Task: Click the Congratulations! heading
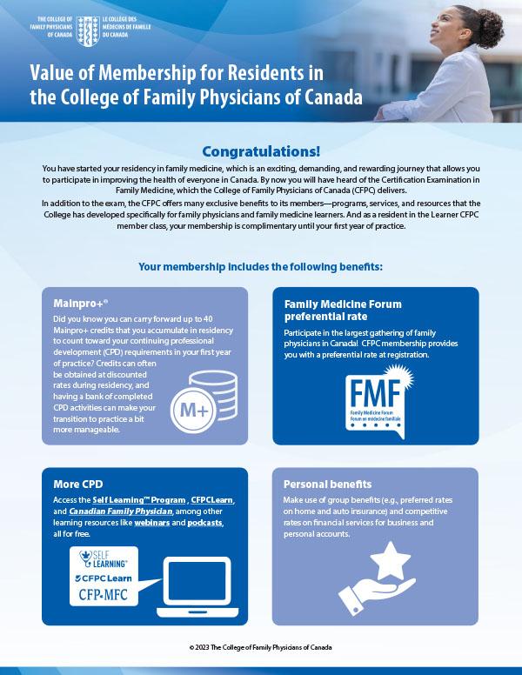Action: pyautogui.click(x=260, y=150)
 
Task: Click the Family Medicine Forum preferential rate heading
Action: pyautogui.click(x=343, y=311)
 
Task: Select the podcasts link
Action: pyautogui.click(x=206, y=524)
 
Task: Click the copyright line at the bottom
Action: pyautogui.click(x=260, y=648)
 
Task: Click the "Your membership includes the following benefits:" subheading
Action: pyautogui.click(x=260, y=264)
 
